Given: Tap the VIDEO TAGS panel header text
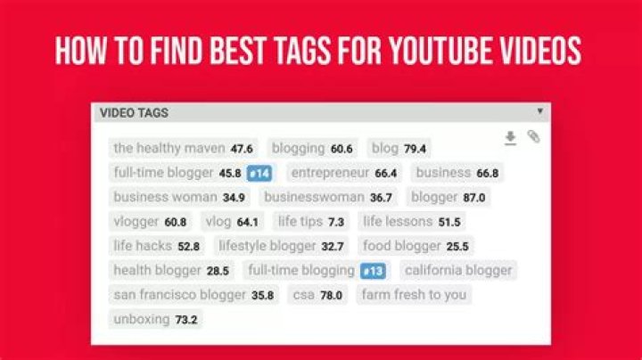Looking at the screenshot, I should pyautogui.click(x=134, y=113).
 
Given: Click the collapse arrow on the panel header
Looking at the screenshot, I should pyautogui.click(x=539, y=112).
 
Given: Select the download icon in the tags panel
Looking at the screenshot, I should pyautogui.click(x=510, y=137).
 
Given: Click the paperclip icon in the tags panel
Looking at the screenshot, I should pyautogui.click(x=533, y=137).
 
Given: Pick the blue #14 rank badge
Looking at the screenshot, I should pyautogui.click(x=259, y=173).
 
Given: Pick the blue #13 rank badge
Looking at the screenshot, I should pyautogui.click(x=373, y=271).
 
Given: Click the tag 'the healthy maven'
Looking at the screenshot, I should pyautogui.click(x=169, y=148).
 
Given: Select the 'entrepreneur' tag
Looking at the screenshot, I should pyautogui.click(x=330, y=173).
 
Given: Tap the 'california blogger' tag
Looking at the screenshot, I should pyautogui.click(x=458, y=270).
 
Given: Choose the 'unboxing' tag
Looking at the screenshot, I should pyautogui.click(x=141, y=319).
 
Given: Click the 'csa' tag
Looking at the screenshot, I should pyautogui.click(x=303, y=295).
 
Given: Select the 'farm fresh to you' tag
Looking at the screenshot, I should pyautogui.click(x=414, y=295).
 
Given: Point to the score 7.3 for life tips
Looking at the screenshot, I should pyautogui.click(x=336, y=222).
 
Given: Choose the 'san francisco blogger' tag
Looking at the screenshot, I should pyautogui.click(x=179, y=295).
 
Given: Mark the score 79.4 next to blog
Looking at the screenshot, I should pyautogui.click(x=415, y=149).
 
